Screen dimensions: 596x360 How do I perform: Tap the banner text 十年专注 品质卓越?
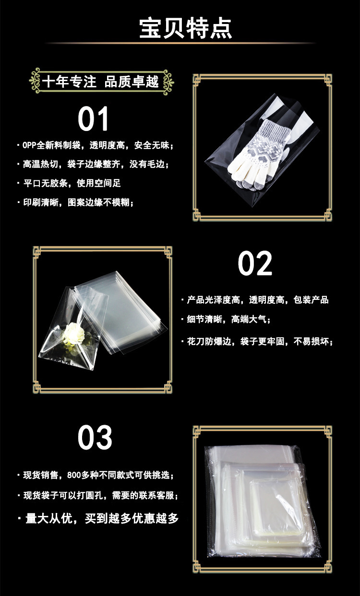[x=100, y=82]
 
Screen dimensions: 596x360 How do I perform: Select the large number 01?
[x=94, y=119]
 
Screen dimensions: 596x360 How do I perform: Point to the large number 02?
[x=255, y=263]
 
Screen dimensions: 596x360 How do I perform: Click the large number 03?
[x=95, y=437]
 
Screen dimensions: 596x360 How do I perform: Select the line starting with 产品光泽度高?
[x=257, y=300]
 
